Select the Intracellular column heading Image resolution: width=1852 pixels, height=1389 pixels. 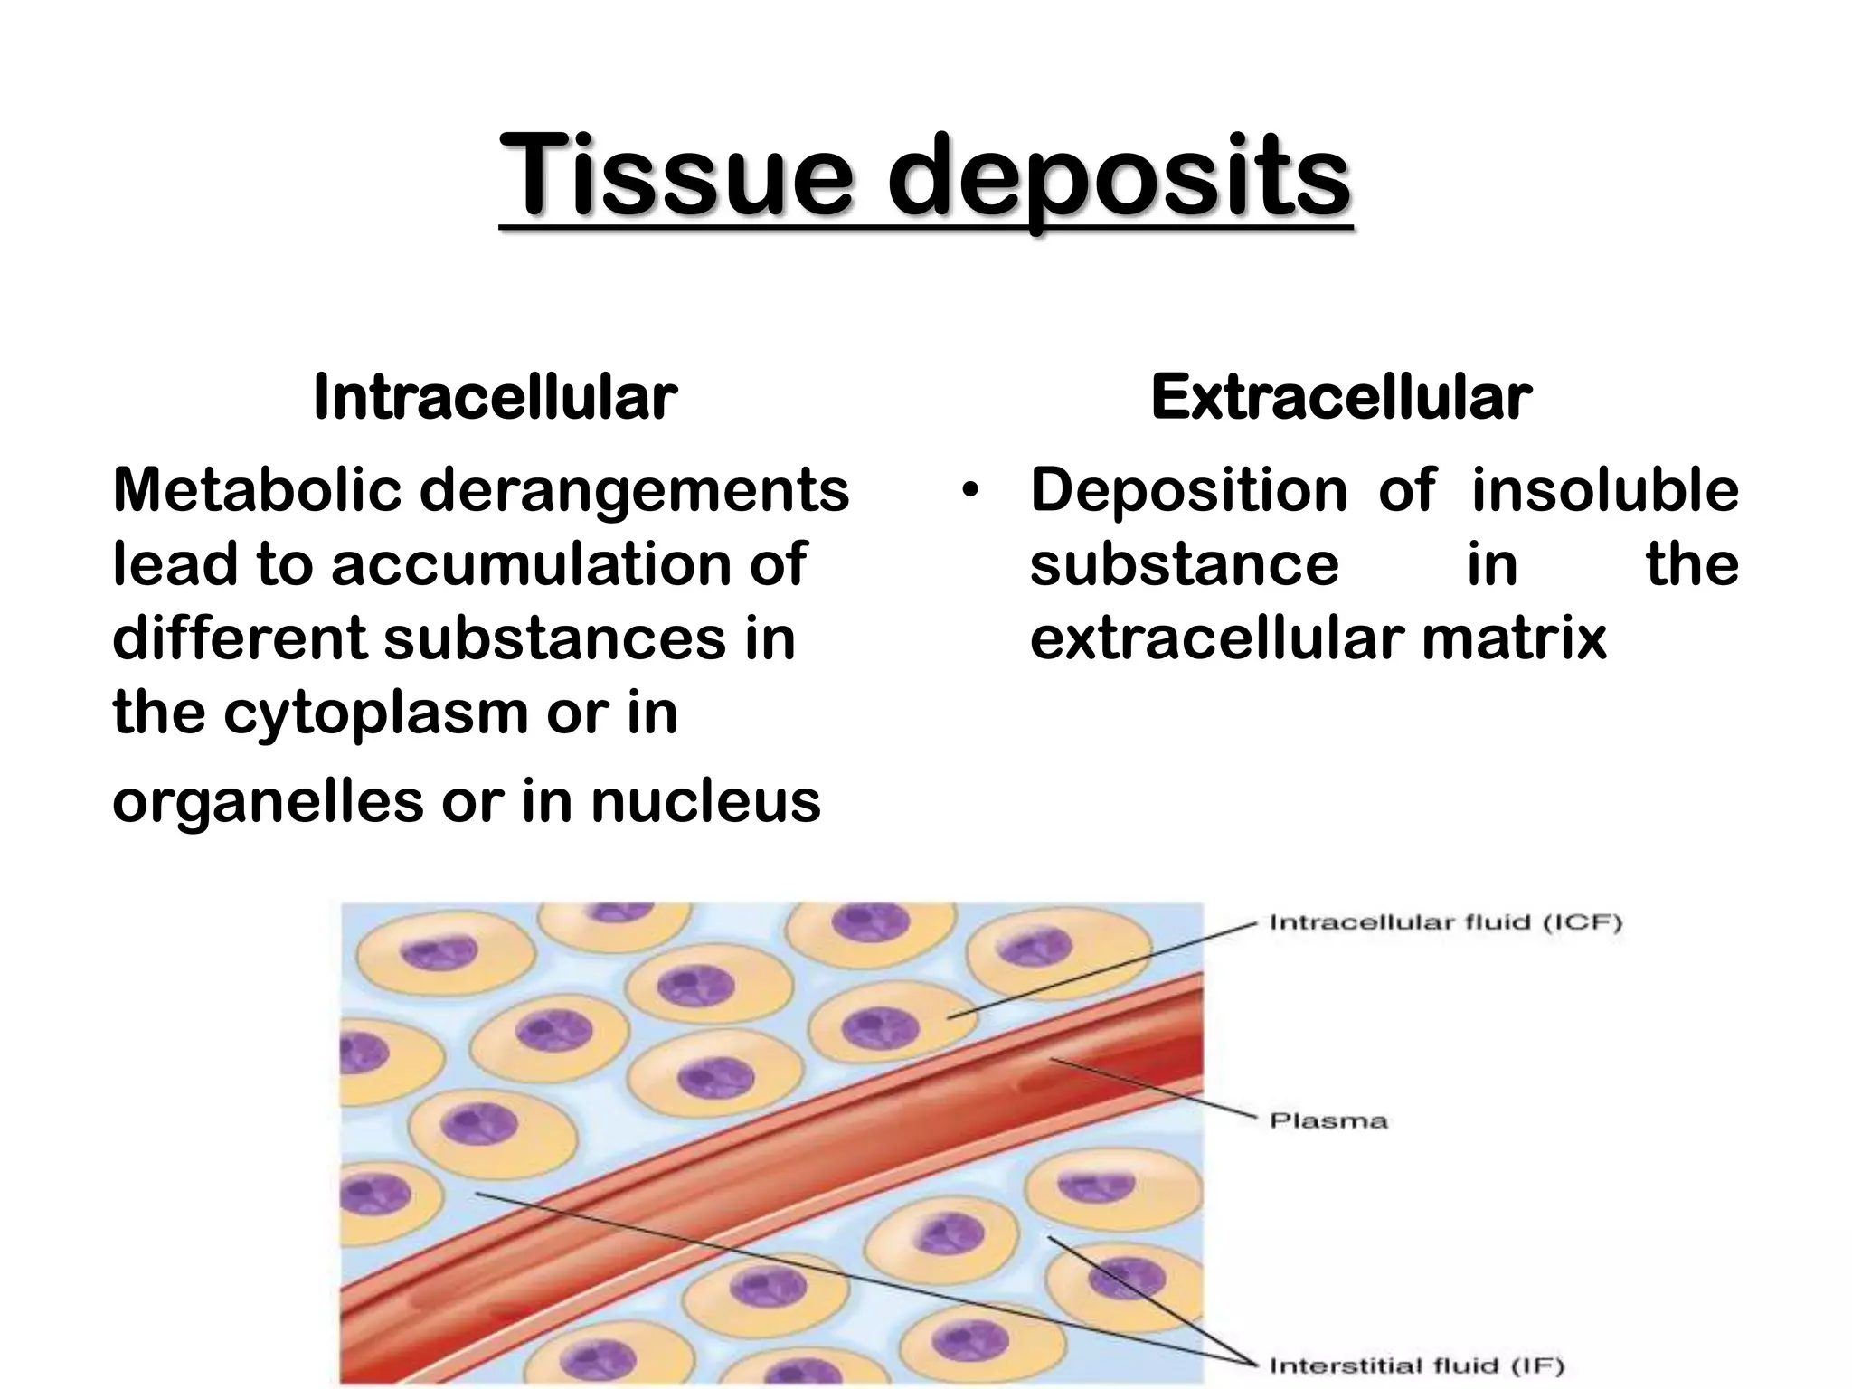click(495, 397)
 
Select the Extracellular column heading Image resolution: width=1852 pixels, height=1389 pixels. click(1341, 397)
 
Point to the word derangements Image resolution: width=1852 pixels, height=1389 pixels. click(634, 493)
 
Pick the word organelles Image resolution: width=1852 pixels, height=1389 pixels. click(267, 803)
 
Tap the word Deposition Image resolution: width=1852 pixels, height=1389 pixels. click(1188, 491)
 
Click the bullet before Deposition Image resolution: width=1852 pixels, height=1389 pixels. click(971, 493)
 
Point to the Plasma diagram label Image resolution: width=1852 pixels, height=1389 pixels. click(1328, 1121)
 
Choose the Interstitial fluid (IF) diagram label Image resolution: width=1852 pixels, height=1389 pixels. click(1417, 1365)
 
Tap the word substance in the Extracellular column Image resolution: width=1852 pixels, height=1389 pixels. click(1184, 565)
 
